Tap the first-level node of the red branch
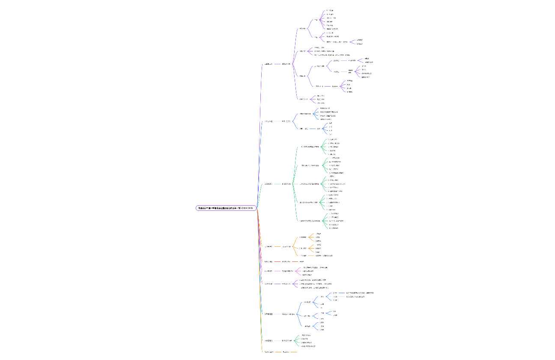pos(269,261)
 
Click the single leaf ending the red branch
pos(301,261)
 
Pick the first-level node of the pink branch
pos(269,271)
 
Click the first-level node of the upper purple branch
pos(269,64)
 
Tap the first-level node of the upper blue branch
pos(269,121)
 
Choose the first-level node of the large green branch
pos(269,184)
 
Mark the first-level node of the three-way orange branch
pos(269,246)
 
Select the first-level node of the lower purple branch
pos(269,284)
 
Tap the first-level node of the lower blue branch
pos(269,314)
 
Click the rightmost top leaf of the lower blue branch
pos(360,293)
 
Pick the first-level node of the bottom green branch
pos(269,341)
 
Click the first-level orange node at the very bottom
pos(269,352)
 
